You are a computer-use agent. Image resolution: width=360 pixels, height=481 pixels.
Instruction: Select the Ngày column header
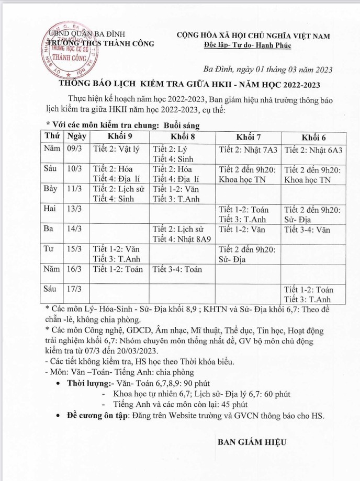click(76, 135)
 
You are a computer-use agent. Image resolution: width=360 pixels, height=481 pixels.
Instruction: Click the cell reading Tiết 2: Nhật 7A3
click(248, 150)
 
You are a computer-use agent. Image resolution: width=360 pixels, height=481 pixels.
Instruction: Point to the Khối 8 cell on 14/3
click(182, 234)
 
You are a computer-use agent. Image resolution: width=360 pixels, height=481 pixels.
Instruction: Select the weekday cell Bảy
click(52, 189)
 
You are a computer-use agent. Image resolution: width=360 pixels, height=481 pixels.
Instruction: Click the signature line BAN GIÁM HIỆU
click(252, 442)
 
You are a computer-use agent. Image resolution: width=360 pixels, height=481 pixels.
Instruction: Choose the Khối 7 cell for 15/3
click(248, 254)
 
